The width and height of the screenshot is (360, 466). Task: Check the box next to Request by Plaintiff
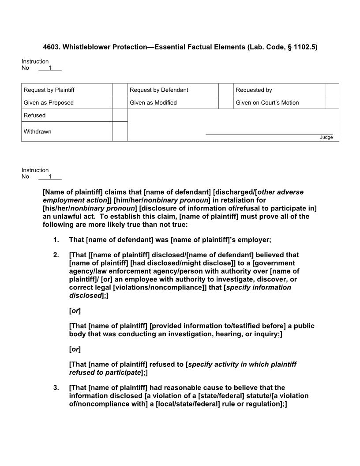pyautogui.click(x=120, y=90)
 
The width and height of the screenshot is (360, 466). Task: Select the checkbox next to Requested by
pyautogui.click(x=331, y=90)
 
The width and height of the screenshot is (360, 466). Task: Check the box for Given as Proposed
pyautogui.click(x=120, y=103)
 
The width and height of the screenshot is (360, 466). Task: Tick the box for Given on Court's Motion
pyautogui.click(x=331, y=103)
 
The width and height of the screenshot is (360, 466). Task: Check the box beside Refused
pyautogui.click(x=120, y=115)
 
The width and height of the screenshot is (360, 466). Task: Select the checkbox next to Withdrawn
pyautogui.click(x=120, y=132)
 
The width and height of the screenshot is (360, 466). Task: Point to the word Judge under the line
pyautogui.click(x=326, y=137)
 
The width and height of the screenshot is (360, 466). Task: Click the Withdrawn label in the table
pyautogui.click(x=37, y=132)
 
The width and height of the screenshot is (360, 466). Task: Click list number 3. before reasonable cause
pyautogui.click(x=56, y=388)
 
